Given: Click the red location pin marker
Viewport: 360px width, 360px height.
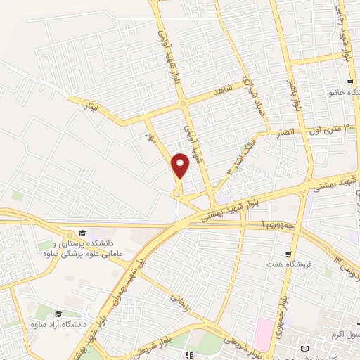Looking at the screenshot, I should (181, 165).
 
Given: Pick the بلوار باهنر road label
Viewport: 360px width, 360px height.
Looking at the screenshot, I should (288, 94).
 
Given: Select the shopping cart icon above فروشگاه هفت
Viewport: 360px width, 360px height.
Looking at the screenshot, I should (287, 253).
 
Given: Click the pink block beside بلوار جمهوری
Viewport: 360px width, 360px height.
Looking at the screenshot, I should (266, 328).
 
